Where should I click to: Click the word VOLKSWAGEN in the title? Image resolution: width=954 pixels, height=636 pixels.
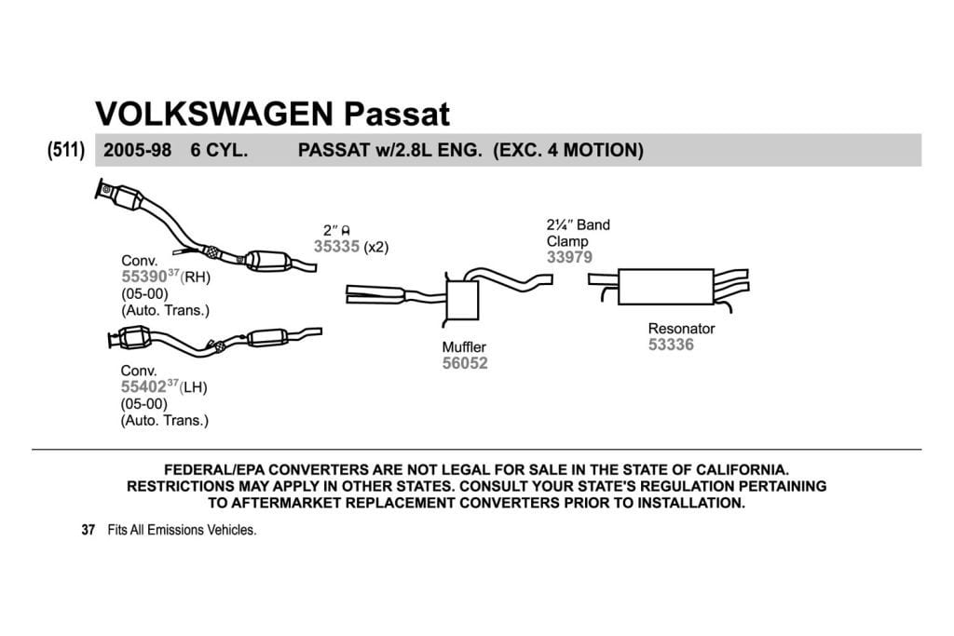pos(214,114)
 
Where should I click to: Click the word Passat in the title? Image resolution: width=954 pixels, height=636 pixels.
pos(397,114)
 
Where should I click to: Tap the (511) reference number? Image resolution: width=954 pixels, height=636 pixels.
pos(66,150)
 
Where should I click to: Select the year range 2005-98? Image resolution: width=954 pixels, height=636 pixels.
pos(138,150)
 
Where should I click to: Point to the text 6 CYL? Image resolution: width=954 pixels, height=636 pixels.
pos(219,150)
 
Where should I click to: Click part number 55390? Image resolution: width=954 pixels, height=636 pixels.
pos(144,277)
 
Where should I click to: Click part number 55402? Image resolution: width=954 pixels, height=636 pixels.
pos(143,386)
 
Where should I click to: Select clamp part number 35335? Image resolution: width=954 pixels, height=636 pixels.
pos(336,246)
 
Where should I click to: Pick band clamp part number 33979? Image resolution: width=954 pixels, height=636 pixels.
pos(569,257)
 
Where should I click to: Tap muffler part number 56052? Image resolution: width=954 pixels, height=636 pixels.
pos(465,363)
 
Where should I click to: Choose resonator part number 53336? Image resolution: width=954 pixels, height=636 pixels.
pos(671,345)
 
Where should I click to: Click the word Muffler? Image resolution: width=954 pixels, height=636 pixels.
pos(464,347)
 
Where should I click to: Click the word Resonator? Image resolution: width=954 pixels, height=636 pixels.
pos(681,329)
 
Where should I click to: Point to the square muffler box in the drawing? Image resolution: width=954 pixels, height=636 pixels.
pos(462,301)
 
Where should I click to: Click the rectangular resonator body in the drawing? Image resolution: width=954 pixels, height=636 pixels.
pos(665,287)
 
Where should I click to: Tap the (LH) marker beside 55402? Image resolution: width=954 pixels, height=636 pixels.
pos(194,387)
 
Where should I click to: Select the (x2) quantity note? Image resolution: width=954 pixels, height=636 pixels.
pos(376,247)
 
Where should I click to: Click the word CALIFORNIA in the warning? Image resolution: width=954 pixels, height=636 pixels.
pos(743,469)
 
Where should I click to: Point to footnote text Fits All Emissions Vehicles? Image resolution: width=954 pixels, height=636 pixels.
pos(182,530)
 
